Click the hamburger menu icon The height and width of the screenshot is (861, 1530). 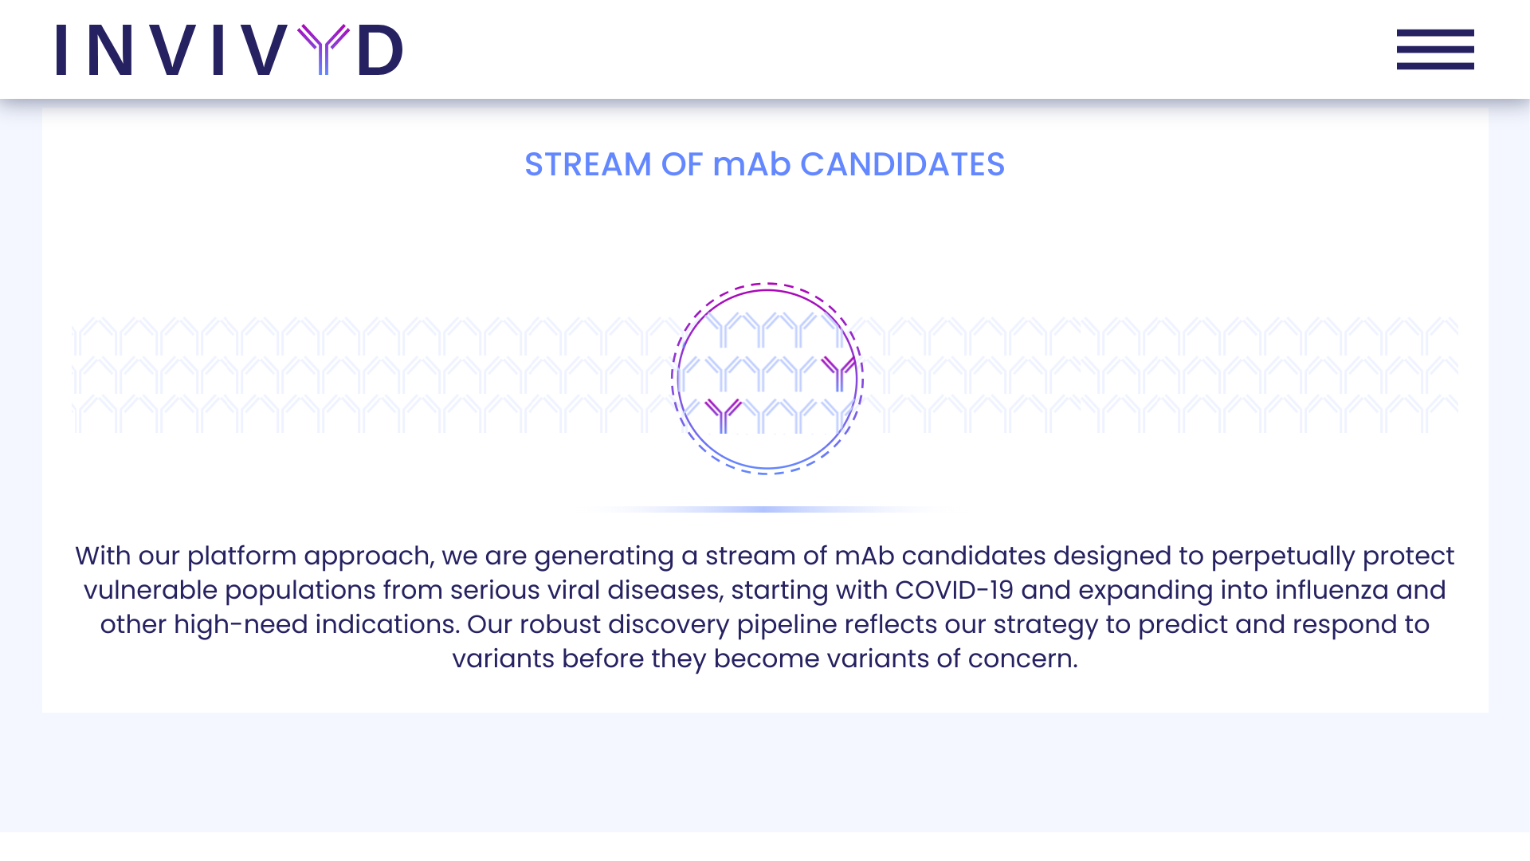[1435, 49]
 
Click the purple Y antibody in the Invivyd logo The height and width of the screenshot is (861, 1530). [324, 49]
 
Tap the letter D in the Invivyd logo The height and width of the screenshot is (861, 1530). [381, 49]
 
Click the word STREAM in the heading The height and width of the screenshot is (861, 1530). [588, 164]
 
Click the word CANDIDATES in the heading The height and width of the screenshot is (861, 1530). [902, 164]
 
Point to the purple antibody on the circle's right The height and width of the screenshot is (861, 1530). [838, 373]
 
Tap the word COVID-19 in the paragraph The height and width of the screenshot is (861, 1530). [955, 590]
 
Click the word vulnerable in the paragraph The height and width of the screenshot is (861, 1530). [151, 590]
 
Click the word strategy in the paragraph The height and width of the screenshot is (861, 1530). [1045, 625]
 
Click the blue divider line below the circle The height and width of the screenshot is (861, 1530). [767, 509]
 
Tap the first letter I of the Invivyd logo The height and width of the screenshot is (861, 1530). [61, 49]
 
